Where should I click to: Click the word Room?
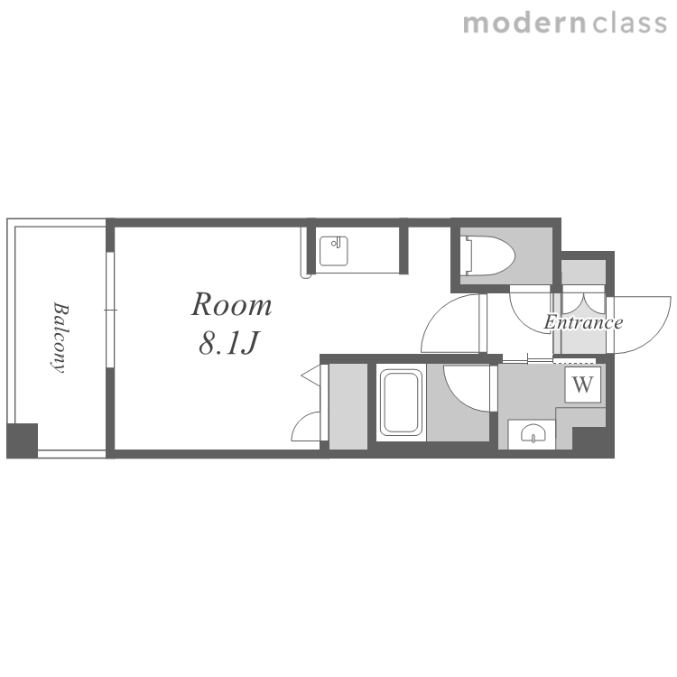coord(231,305)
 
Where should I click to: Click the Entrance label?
coord(583,322)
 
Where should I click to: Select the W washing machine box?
coord(582,385)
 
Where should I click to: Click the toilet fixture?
coord(487,255)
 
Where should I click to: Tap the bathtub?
coord(401,403)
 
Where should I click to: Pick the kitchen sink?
coord(334,251)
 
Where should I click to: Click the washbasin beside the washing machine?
coord(533,433)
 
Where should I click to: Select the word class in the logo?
coord(630,23)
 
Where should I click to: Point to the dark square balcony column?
coord(22,441)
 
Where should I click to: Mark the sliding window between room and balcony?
coord(110,310)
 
